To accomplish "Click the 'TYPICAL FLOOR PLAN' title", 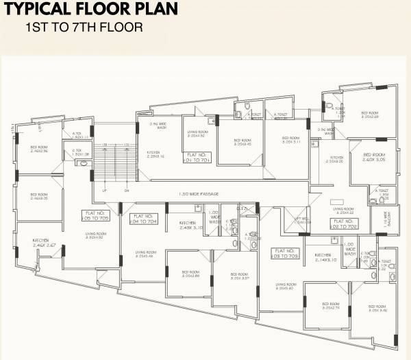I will click(92, 10).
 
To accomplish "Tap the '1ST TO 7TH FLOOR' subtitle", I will click(83, 28).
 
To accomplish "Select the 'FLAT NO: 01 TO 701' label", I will click(197, 159).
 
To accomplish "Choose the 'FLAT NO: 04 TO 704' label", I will click(142, 219).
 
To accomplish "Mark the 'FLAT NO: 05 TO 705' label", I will click(96, 216).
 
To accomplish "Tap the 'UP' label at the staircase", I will click(104, 190).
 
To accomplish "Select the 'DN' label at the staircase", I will click(126, 190).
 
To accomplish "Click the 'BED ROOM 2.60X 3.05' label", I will click(374, 158).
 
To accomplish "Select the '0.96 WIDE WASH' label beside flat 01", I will click(158, 125).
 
